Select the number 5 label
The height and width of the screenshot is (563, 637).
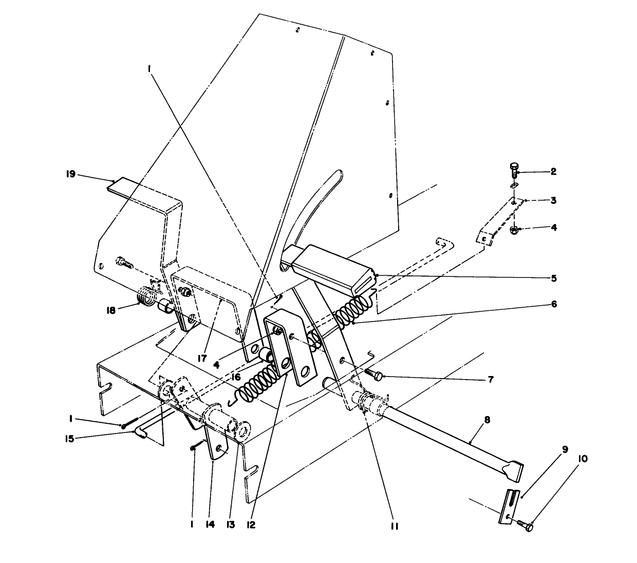point(553,278)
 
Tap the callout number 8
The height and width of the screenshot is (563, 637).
point(486,420)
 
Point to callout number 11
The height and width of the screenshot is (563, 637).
point(394,526)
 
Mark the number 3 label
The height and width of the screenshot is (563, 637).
point(553,200)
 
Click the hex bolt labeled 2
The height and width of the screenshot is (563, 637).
point(514,170)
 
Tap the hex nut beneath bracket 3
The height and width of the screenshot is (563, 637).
point(514,230)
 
